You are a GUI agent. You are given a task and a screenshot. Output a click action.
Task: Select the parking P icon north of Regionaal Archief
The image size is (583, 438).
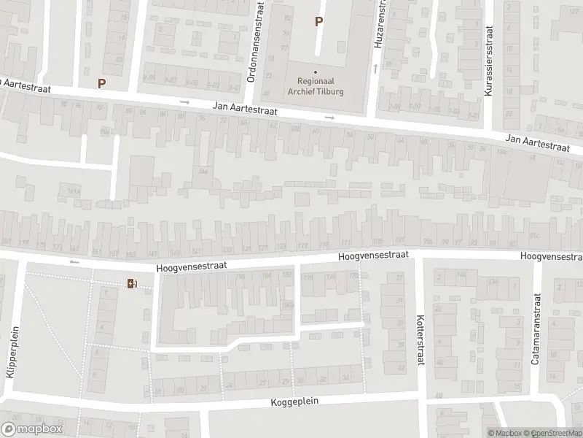(318, 22)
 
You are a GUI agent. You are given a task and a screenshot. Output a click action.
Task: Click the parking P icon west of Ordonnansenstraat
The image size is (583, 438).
(102, 83)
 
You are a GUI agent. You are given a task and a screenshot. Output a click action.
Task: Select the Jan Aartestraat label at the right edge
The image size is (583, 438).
(538, 142)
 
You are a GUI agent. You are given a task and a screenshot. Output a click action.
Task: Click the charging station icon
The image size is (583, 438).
(132, 283)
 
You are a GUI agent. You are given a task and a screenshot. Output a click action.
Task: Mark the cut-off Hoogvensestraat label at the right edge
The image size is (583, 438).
(552, 256)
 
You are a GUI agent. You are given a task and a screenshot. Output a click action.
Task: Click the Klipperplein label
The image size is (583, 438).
(11, 351)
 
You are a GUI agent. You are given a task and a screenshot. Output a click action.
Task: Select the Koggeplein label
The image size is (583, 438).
(295, 402)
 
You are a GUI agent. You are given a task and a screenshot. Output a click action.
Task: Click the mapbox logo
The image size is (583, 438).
(32, 429)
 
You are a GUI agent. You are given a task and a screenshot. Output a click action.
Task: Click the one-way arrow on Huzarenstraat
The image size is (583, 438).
(376, 69)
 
